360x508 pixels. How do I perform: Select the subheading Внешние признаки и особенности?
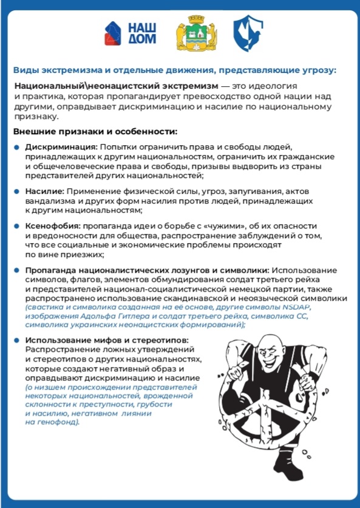pyautogui.click(x=95, y=132)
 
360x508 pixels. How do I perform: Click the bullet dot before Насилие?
pyautogui.click(x=17, y=191)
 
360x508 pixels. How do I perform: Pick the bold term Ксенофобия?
pyautogui.click(x=53, y=226)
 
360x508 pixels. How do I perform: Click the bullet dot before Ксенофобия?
pyautogui.click(x=17, y=226)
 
